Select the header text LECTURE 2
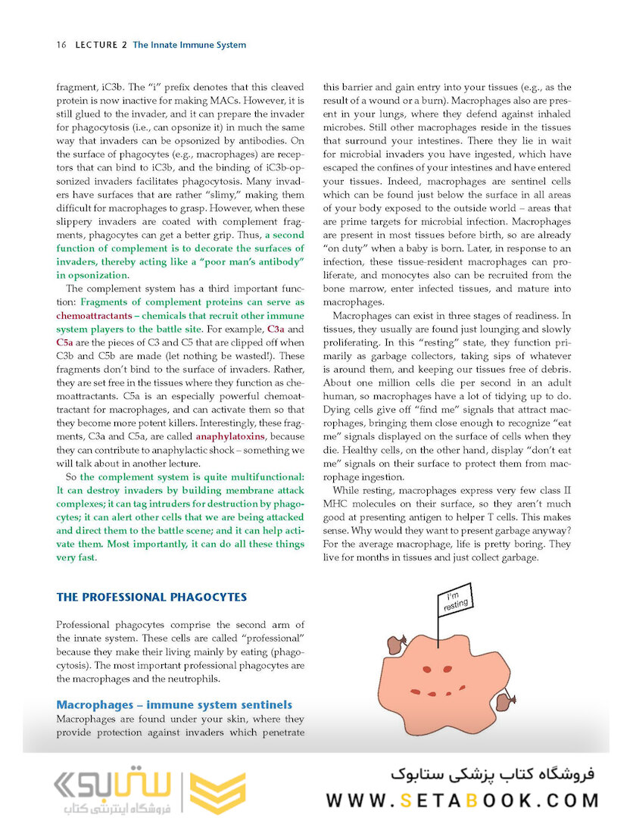point(101,45)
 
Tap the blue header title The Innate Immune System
point(189,45)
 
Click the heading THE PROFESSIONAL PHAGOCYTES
point(151,597)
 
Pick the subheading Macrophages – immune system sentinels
point(174,704)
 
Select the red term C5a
point(64,342)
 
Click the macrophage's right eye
point(470,667)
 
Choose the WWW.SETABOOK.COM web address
point(463,801)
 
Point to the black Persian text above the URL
point(493,776)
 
